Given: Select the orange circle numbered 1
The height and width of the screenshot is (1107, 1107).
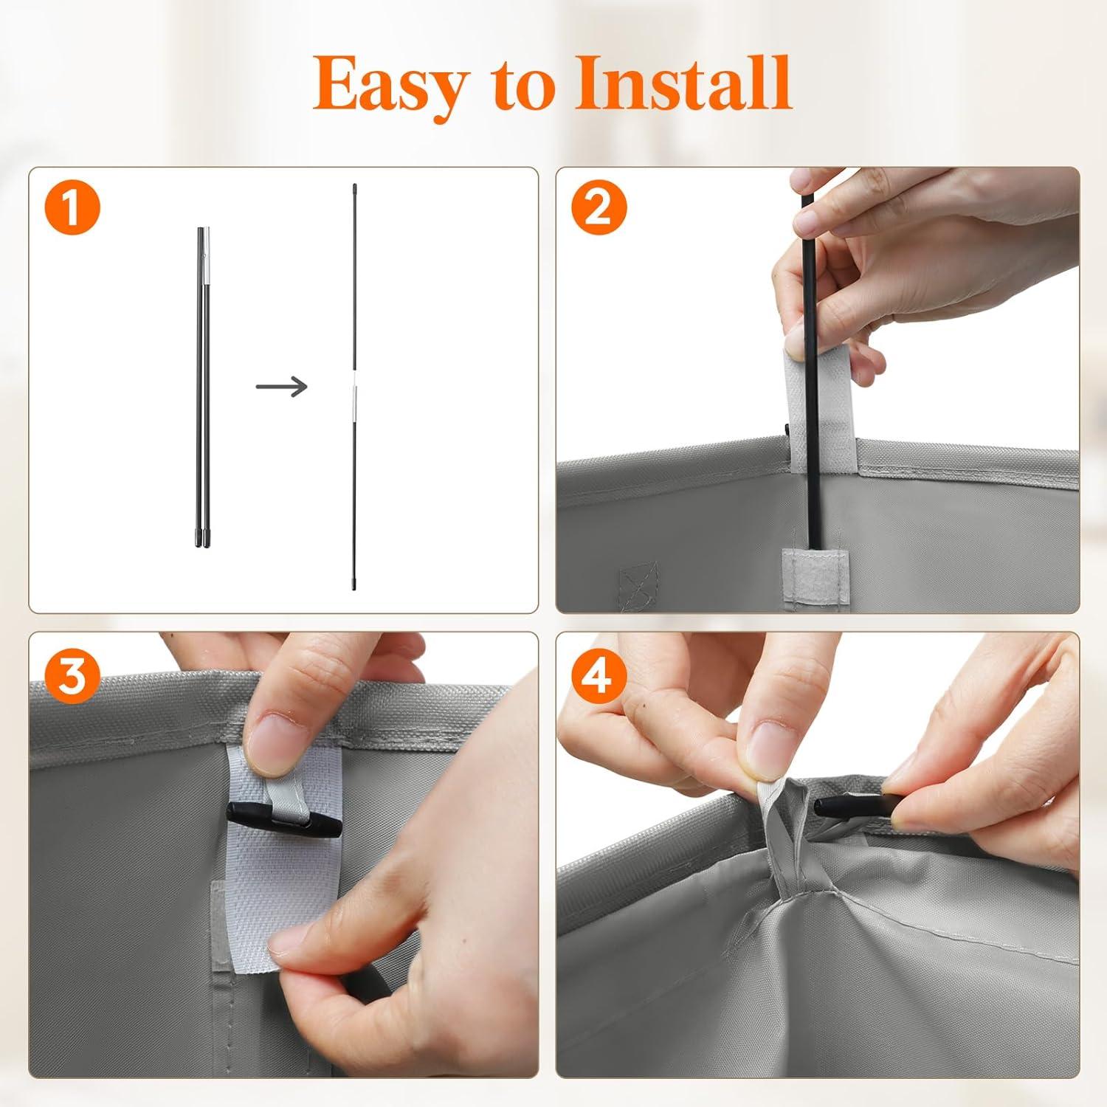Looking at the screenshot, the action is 72,209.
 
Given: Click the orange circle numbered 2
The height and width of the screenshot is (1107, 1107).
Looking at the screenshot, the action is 599,209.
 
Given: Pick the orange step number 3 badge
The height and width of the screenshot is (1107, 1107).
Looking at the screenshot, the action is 72,675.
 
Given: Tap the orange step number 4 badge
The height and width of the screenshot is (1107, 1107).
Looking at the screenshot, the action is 599,675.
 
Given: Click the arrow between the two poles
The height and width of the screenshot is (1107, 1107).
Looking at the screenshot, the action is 281,385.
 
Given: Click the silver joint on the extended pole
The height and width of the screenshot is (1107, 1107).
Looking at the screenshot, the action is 355,403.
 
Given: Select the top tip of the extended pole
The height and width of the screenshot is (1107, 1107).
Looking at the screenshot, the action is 354,186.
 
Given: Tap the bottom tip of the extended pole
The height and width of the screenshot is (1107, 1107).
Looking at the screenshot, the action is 355,586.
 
